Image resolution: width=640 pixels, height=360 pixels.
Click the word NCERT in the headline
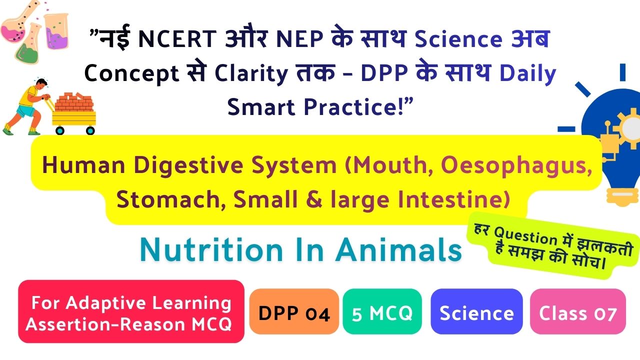tap(177, 38)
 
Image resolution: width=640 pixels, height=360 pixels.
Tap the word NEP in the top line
tap(299, 38)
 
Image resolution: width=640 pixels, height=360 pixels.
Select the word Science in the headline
tap(458, 39)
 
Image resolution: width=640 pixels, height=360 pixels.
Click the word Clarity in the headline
tap(251, 73)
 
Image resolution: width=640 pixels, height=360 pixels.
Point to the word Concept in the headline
tap(131, 73)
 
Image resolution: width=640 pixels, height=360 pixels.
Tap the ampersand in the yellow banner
tap(314, 199)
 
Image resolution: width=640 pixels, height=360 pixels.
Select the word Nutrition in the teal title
tap(211, 249)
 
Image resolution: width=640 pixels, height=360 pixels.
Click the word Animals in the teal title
tap(399, 249)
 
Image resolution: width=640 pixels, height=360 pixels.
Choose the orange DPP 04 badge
tap(294, 311)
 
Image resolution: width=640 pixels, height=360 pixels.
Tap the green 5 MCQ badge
tap(382, 311)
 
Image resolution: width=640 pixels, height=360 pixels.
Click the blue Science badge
tap(476, 311)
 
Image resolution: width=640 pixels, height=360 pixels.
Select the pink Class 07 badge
tap(577, 311)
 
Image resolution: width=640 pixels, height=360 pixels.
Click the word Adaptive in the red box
tap(105, 303)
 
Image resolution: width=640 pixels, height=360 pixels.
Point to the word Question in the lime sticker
tap(525, 236)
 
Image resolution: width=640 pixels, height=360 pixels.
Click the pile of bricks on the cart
tap(74, 102)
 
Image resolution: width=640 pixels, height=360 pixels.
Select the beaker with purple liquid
tap(56, 31)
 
